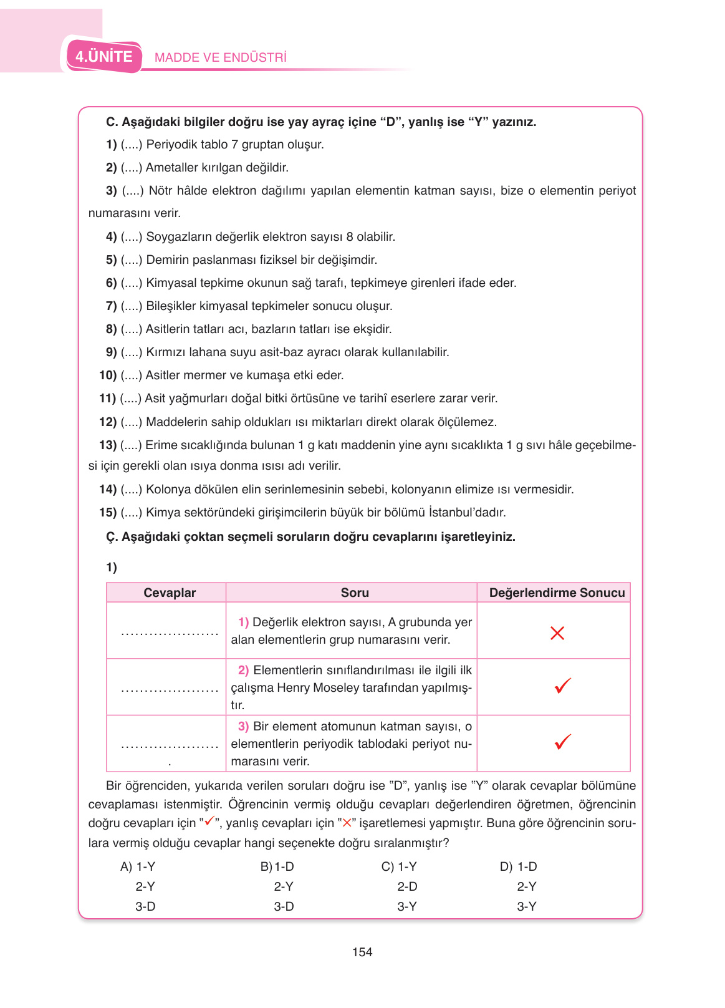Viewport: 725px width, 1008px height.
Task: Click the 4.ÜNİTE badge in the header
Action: tap(104, 57)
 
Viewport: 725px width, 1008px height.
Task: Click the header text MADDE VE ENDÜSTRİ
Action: tap(221, 58)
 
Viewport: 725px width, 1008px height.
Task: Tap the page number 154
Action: tap(362, 952)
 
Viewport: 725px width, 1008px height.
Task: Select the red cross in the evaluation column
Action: tap(557, 633)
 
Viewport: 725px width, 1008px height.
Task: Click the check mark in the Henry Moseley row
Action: tap(562, 686)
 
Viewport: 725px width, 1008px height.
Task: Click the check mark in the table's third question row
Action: tap(562, 742)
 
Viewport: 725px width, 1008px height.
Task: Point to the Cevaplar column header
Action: tap(170, 593)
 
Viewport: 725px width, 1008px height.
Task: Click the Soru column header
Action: tap(355, 593)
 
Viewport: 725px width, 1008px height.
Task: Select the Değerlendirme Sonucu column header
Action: tap(557, 593)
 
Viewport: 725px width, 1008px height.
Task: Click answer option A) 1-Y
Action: tap(138, 866)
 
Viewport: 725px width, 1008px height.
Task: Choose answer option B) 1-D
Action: tap(277, 866)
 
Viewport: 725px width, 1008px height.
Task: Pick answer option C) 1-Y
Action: tap(399, 866)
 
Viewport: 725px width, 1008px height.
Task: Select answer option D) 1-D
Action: tap(519, 866)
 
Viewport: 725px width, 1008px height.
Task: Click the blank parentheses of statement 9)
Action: tap(132, 352)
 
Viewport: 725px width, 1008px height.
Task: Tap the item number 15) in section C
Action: tap(108, 513)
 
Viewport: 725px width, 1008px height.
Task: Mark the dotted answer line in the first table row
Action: tap(170, 634)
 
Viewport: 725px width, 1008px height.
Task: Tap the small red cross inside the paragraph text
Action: tap(347, 823)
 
